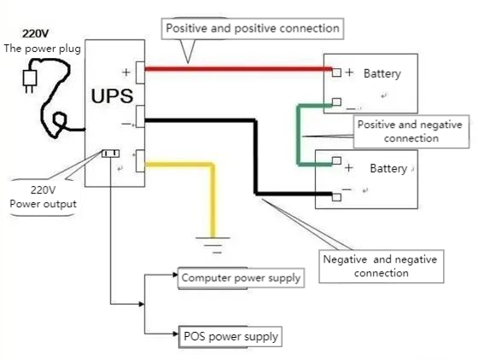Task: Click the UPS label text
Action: (113, 95)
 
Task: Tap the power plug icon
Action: (30, 79)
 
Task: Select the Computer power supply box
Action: (241, 278)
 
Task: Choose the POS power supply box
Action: (230, 336)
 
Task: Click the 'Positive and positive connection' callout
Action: (253, 29)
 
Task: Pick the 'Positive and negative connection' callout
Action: (411, 131)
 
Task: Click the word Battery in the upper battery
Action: (382, 74)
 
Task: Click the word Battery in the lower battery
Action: (388, 169)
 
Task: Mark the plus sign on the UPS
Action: (126, 72)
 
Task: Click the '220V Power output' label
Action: (43, 198)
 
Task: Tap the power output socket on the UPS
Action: (110, 154)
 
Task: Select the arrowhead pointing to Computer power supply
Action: (174, 278)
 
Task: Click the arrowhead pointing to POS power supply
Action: (174, 336)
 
